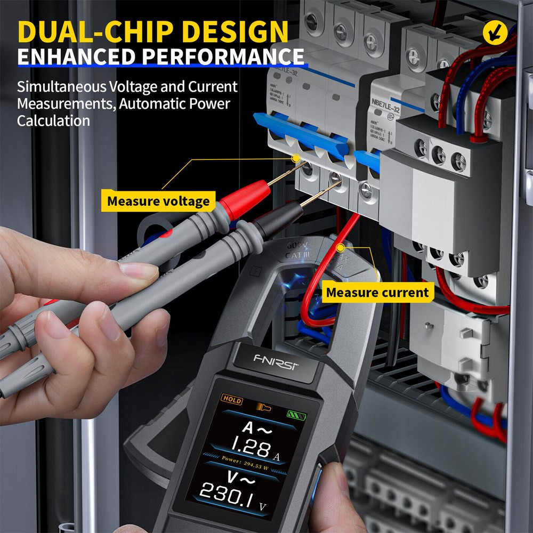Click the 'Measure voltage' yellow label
[x=158, y=201]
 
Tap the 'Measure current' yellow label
[x=377, y=292]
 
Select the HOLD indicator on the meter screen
[x=232, y=400]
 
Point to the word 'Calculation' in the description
[x=53, y=120]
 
